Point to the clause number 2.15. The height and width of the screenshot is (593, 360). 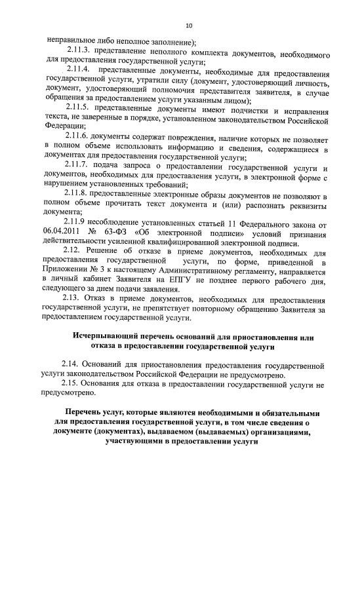pyautogui.click(x=72, y=383)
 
